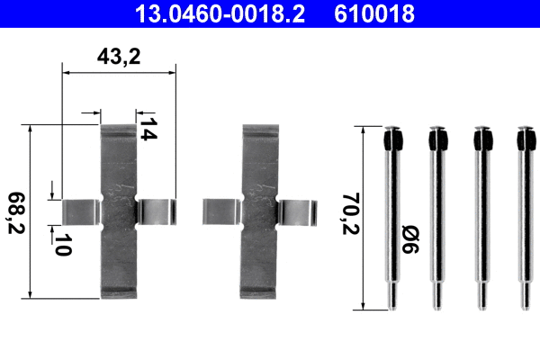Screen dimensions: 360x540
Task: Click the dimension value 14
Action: tap(148, 128)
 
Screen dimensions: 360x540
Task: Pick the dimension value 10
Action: tap(61, 245)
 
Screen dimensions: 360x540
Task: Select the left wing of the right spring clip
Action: tap(221, 211)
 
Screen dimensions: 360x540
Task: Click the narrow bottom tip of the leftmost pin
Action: tap(392, 299)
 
